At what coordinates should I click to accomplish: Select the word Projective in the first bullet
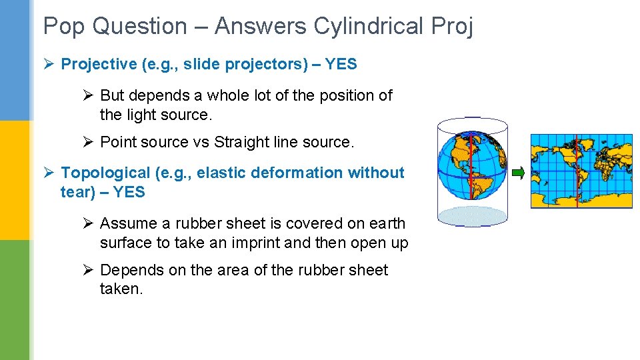99,64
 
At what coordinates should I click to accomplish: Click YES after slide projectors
340,64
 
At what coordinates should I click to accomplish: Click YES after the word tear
128,192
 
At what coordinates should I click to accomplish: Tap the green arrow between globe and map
518,173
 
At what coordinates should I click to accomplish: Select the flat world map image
581,171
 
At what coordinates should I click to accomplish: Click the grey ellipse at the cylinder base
471,215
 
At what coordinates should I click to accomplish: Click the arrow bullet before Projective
49,64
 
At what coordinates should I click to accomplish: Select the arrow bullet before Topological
49,173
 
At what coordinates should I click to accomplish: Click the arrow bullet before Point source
88,142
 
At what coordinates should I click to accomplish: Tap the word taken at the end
121,289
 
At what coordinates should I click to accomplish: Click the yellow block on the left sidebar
15,180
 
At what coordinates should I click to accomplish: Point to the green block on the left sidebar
15,300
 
